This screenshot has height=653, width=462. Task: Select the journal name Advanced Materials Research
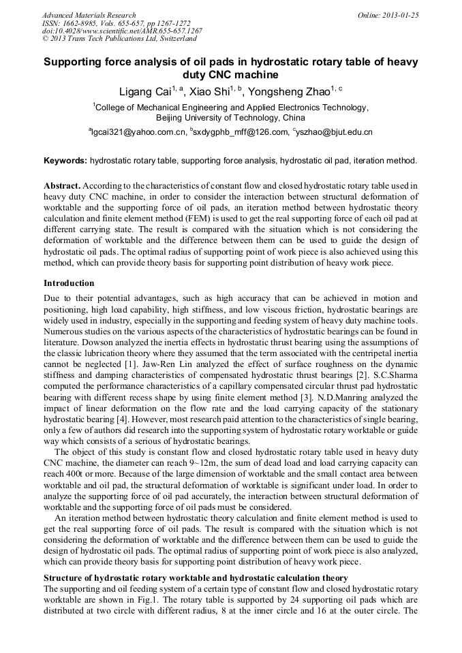89,15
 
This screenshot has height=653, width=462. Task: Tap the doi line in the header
122,31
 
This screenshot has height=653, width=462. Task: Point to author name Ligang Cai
139,91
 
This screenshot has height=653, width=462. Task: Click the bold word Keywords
65,161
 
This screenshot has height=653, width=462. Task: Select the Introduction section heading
69,283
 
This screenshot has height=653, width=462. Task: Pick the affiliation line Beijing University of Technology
230,117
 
